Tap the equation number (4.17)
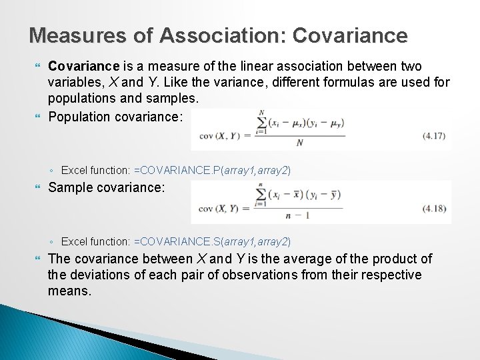click(436, 137)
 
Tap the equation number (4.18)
click(436, 210)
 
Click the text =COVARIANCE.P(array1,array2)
click(212, 171)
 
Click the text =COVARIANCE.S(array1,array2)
click(212, 241)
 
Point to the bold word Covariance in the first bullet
click(83, 66)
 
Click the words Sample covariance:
click(106, 188)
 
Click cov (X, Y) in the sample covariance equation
click(221, 208)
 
